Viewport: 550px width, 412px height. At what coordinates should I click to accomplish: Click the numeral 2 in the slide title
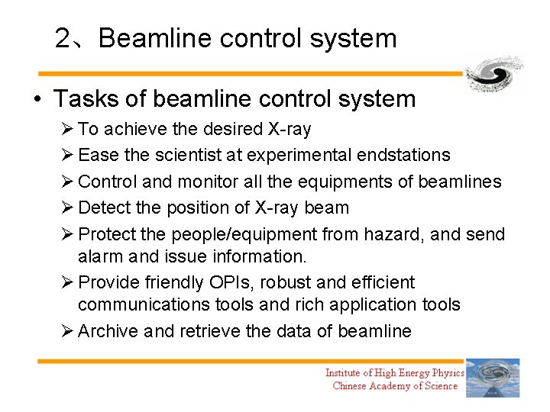tap(63, 38)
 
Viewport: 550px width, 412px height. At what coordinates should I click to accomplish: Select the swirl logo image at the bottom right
tap(493, 378)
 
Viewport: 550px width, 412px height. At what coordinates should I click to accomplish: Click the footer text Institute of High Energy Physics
tap(394, 372)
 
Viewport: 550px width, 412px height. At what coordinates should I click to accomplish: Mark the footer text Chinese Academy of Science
tap(395, 386)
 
